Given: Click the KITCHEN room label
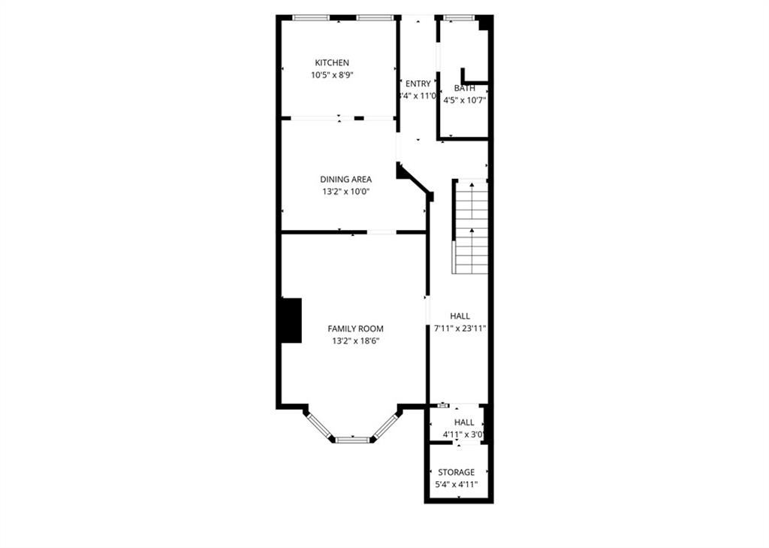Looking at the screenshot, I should (331, 62).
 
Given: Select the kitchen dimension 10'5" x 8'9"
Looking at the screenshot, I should (331, 75).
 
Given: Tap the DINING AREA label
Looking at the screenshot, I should (345, 179).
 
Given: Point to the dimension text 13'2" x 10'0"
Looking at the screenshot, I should (345, 192).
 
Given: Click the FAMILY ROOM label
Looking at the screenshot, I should (355, 328).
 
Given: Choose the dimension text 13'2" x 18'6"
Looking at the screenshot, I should (355, 341).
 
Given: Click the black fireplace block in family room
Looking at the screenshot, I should (291, 320).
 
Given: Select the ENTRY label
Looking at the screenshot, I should (418, 83).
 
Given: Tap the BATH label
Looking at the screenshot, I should (464, 88).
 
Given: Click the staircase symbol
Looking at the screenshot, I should (472, 226).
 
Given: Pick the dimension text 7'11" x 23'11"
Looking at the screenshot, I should (460, 328).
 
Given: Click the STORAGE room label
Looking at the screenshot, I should (456, 472).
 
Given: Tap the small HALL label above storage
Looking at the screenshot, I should (464, 422).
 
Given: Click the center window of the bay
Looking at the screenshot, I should (351, 439).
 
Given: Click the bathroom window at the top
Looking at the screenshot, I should (458, 17).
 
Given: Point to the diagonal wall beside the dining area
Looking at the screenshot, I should (415, 180).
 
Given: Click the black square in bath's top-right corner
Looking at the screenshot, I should (485, 23).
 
